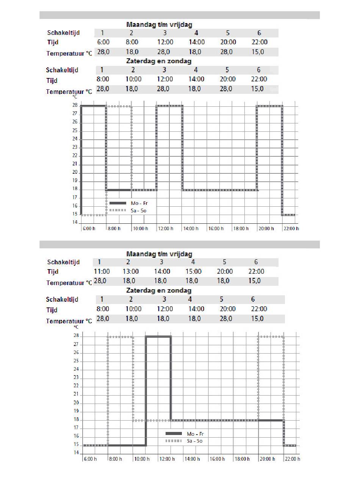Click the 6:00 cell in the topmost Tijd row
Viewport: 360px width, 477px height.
(x=103, y=42)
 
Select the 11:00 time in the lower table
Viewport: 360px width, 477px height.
(x=102, y=271)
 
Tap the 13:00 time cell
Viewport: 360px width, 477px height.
(x=131, y=271)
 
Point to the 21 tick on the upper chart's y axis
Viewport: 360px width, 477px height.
(x=75, y=164)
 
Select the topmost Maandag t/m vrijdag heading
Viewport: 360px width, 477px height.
(x=159, y=24)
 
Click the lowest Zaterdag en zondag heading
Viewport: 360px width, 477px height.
(x=159, y=291)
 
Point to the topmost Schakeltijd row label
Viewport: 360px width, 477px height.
(x=63, y=33)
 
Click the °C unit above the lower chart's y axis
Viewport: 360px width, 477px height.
(x=76, y=327)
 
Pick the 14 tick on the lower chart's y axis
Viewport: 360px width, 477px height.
(x=76, y=453)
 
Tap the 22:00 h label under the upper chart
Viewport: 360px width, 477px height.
(x=291, y=229)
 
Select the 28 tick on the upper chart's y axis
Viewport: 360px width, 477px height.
(x=75, y=105)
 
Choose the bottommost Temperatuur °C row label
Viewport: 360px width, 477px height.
(x=69, y=321)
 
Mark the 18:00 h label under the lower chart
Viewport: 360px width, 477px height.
(x=242, y=459)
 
